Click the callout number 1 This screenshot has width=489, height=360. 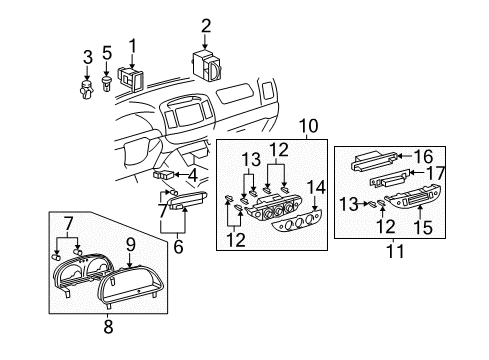click(131, 44)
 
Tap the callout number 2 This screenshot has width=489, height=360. click(206, 26)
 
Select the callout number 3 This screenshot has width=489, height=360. click(87, 55)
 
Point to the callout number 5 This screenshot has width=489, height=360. click(107, 55)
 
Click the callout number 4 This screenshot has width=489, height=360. click(192, 173)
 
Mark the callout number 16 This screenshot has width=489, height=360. click(424, 155)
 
